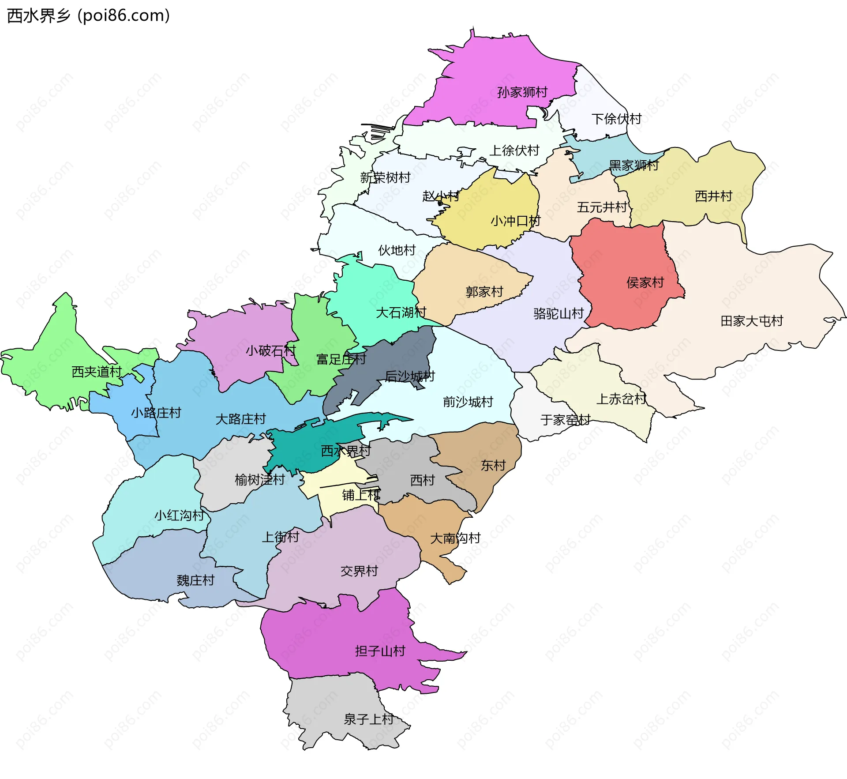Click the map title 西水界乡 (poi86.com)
(x=88, y=16)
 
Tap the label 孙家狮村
(x=522, y=92)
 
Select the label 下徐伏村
(x=616, y=119)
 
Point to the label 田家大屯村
(x=751, y=321)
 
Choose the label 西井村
(x=713, y=196)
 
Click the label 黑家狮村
(x=633, y=166)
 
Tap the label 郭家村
(x=484, y=292)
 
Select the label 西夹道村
(x=97, y=372)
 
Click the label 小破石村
(x=270, y=351)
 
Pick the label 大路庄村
(x=240, y=419)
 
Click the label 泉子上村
(x=368, y=719)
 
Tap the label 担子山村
(x=380, y=651)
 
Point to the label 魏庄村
(x=195, y=580)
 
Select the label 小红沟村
(x=179, y=515)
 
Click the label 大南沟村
(x=455, y=538)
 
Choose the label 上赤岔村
(x=621, y=399)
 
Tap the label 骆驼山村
(x=558, y=313)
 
